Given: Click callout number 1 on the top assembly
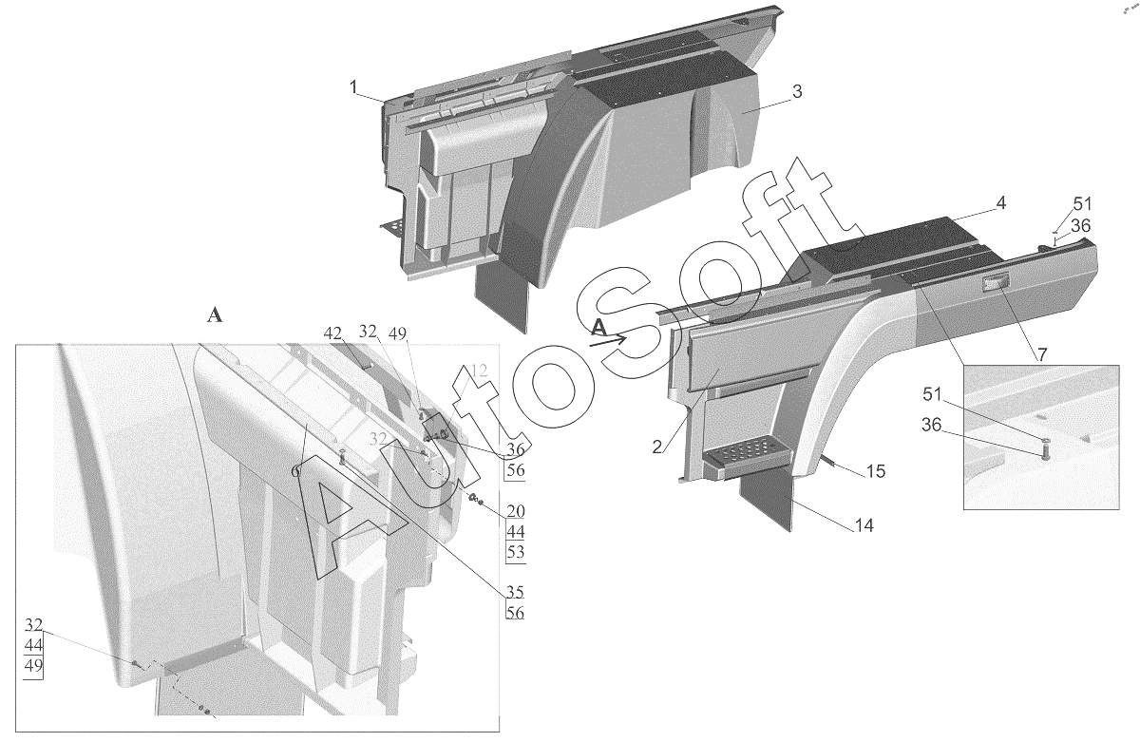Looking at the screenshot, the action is coord(353,87).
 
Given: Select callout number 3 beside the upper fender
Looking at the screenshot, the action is coord(797,91).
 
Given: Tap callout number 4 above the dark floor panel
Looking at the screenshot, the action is coord(1000,203).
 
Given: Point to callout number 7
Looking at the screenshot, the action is coord(1042,354).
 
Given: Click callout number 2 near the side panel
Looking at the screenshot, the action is coord(657,447).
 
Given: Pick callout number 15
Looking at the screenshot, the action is coord(876,471).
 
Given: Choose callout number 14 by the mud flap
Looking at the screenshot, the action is coord(864,525).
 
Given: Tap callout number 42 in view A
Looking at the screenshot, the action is coord(332,333).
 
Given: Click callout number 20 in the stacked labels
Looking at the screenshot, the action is coord(515,511).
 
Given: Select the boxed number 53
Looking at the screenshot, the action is coord(515,552).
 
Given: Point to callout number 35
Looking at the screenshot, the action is coord(515,593).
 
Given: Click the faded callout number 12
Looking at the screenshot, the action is coord(479,371).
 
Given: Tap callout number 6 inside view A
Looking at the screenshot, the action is coord(295,472).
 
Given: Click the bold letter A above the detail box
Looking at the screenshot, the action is coord(215,316).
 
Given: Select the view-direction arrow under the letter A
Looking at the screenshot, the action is coord(608,340).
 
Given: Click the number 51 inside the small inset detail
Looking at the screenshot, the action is coord(932,395).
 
